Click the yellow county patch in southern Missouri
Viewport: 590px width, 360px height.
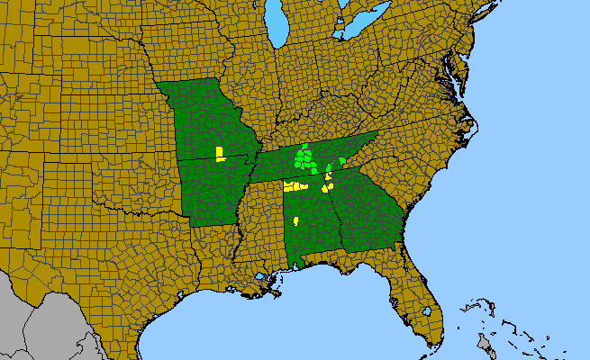point(220,152)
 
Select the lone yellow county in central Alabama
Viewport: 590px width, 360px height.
point(295,220)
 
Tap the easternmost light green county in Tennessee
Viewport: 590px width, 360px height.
point(342,160)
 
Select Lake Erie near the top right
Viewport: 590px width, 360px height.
point(365,22)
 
